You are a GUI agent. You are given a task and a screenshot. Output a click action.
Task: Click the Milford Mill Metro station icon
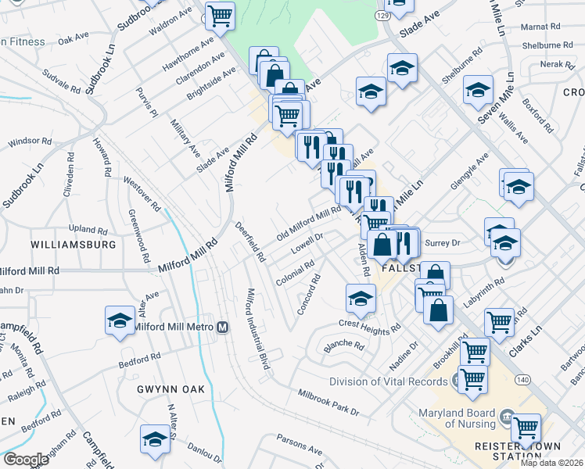pos(223,327)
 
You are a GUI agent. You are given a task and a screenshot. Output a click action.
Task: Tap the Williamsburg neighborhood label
pos(74,245)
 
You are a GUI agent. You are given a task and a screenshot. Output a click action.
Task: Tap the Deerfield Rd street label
pos(250,242)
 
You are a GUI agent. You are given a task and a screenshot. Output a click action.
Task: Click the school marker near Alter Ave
pos(120,320)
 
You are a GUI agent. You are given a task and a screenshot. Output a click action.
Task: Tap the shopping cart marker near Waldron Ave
pos(220,15)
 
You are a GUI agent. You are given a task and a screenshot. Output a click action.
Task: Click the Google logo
pos(25,460)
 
